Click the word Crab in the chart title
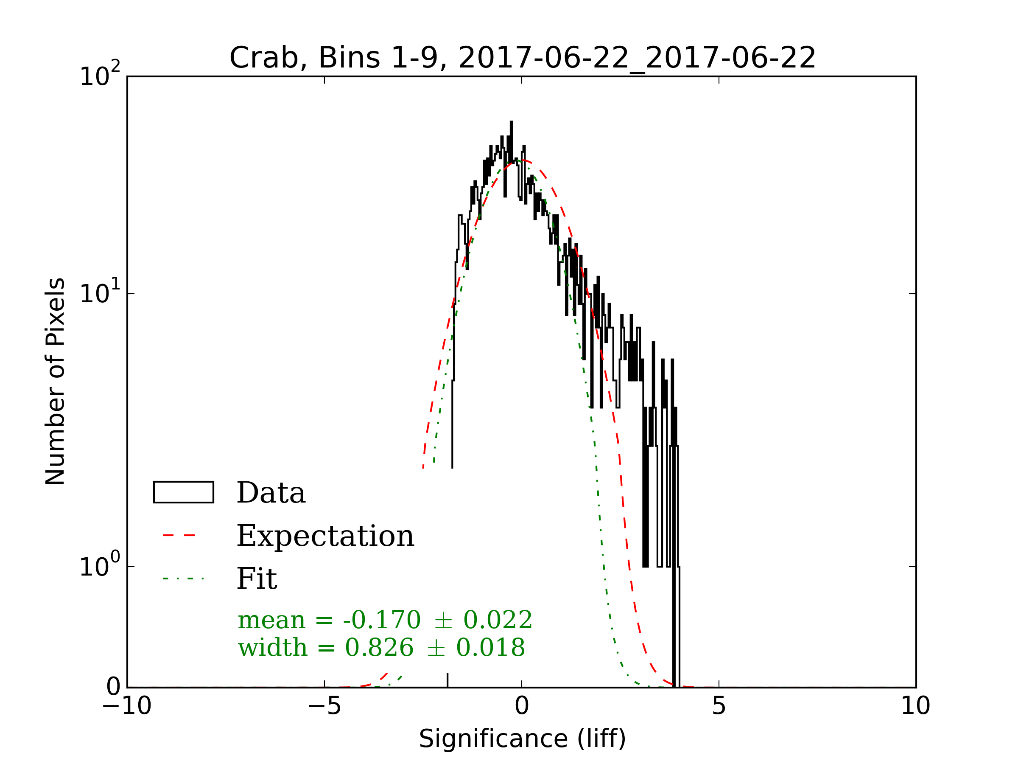268,58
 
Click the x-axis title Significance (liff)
522,739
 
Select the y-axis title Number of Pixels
55,381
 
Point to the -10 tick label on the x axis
127,706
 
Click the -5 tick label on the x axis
324,706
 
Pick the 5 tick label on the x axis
719,706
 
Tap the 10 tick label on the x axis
915,706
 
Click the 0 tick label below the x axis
522,706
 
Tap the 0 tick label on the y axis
113,687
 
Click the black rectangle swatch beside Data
184,492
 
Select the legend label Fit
257,579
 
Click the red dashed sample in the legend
179,536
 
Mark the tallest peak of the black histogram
511,123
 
